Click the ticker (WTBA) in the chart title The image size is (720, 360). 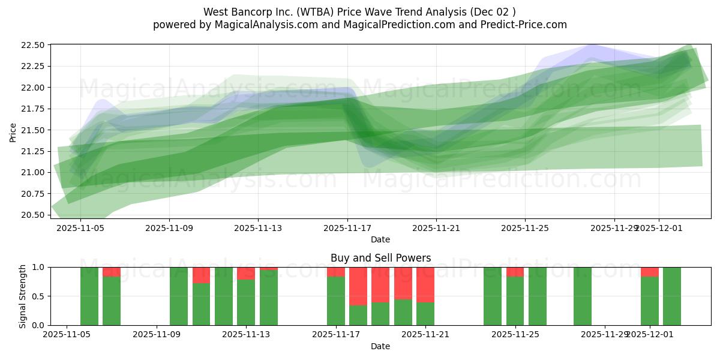pyautogui.click(x=320, y=12)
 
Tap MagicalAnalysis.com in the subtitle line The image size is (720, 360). pyautogui.click(x=261, y=25)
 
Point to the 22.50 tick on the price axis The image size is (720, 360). pyautogui.click(x=32, y=45)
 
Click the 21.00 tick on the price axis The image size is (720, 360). pyautogui.click(x=32, y=173)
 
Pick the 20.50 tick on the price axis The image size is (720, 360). pyautogui.click(x=32, y=215)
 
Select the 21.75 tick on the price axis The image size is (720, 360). pyautogui.click(x=32, y=109)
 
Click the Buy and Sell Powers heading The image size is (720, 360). pyautogui.click(x=380, y=258)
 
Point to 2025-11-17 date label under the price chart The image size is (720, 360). pyautogui.click(x=347, y=228)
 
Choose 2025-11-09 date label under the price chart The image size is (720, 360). pyautogui.click(x=169, y=228)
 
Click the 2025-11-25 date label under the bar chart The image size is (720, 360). pyautogui.click(x=515, y=335)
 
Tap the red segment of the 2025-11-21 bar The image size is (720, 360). pyautogui.click(x=425, y=284)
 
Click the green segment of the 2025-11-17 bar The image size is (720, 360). pyautogui.click(x=336, y=301)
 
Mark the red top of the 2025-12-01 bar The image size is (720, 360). pyautogui.click(x=650, y=272)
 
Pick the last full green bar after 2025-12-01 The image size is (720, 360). pyautogui.click(x=672, y=296)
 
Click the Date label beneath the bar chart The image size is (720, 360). pyautogui.click(x=380, y=346)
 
